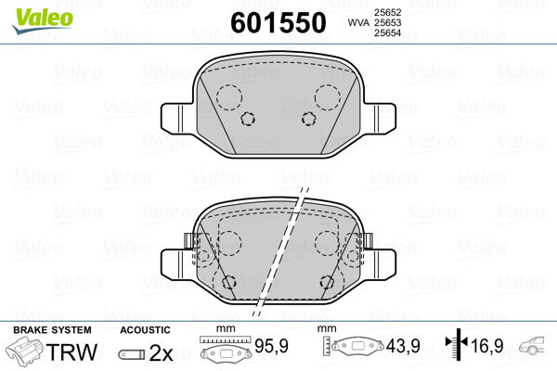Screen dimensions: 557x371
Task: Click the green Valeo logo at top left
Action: tap(43, 19)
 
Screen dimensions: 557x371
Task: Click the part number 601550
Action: tap(278, 22)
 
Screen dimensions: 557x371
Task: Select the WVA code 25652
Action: tap(387, 12)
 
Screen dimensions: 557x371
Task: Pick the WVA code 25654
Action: tap(387, 33)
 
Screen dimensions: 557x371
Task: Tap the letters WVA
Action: tap(358, 22)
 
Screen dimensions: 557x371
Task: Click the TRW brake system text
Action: tap(71, 352)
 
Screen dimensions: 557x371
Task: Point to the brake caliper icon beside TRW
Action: tap(24, 350)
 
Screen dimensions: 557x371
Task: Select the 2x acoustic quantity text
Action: tap(161, 352)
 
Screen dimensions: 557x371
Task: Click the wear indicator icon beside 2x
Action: tap(132, 354)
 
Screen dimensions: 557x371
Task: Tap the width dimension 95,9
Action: tap(271, 346)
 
